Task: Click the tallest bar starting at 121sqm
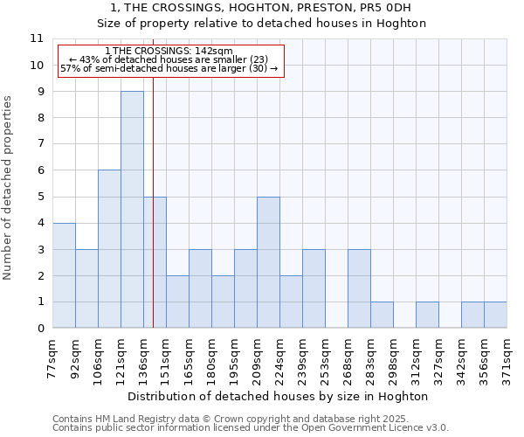coord(132,210)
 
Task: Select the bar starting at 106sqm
coord(109,249)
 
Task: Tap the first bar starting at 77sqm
coord(64,275)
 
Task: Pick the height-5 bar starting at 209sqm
coord(268,262)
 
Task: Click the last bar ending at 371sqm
coord(495,316)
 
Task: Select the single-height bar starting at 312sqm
coord(427,316)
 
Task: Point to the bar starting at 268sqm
coord(359,288)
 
